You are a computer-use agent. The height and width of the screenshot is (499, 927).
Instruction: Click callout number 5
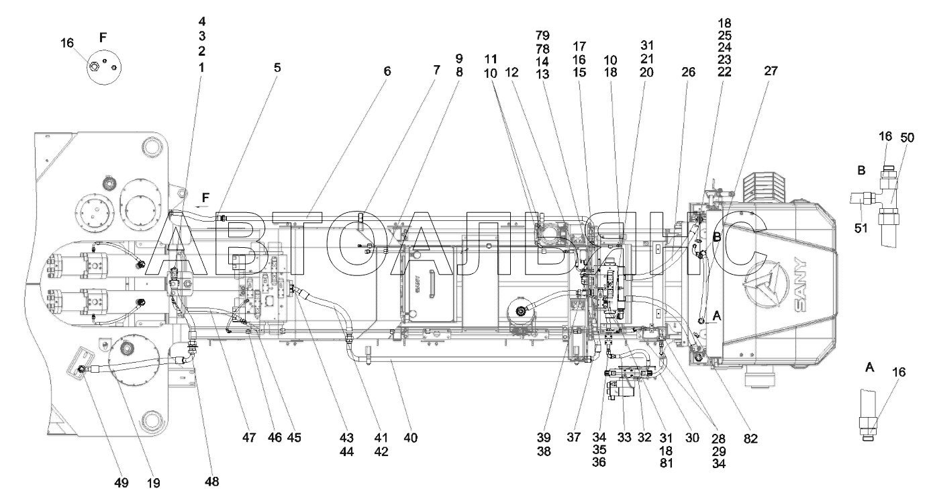(x=277, y=67)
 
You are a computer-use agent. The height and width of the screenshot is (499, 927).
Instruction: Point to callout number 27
(x=770, y=70)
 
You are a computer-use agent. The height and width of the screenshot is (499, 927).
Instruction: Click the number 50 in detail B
(x=906, y=138)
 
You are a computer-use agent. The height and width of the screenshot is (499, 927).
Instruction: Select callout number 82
(x=750, y=439)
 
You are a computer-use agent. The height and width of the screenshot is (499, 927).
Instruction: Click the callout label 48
(x=212, y=481)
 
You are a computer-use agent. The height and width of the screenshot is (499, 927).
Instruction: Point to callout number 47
(x=250, y=437)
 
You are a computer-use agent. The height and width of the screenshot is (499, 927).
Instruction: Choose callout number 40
(x=410, y=438)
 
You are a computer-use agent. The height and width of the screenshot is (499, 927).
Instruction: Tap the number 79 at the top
(x=542, y=35)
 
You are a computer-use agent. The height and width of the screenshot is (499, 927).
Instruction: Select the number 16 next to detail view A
(x=898, y=372)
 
